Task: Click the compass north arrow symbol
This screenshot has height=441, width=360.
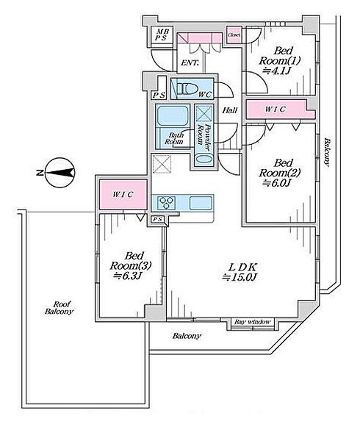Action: [60, 173]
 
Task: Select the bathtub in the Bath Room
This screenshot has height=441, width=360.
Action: [172, 115]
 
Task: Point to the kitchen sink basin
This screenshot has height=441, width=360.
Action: [201, 203]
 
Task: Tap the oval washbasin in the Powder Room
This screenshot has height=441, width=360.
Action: [204, 158]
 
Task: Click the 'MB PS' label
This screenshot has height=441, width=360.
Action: [162, 35]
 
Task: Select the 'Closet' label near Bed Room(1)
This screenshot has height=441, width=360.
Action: [234, 35]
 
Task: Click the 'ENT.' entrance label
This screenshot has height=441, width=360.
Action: [190, 62]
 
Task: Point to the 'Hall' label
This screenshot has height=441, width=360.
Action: [230, 110]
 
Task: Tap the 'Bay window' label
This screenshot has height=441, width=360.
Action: [253, 322]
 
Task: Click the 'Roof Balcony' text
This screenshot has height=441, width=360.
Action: [60, 308]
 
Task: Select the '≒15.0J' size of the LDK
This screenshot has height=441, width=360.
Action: [240, 278]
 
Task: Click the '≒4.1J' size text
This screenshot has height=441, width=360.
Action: [276, 71]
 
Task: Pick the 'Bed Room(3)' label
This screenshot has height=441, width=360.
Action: [131, 260]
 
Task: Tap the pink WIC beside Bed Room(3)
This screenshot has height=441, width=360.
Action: [123, 194]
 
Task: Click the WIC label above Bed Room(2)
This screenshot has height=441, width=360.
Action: [275, 109]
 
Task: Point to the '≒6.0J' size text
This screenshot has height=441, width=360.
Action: [276, 183]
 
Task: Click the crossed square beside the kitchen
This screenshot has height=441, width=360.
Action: [162, 164]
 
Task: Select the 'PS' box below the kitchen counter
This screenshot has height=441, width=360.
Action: [158, 219]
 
